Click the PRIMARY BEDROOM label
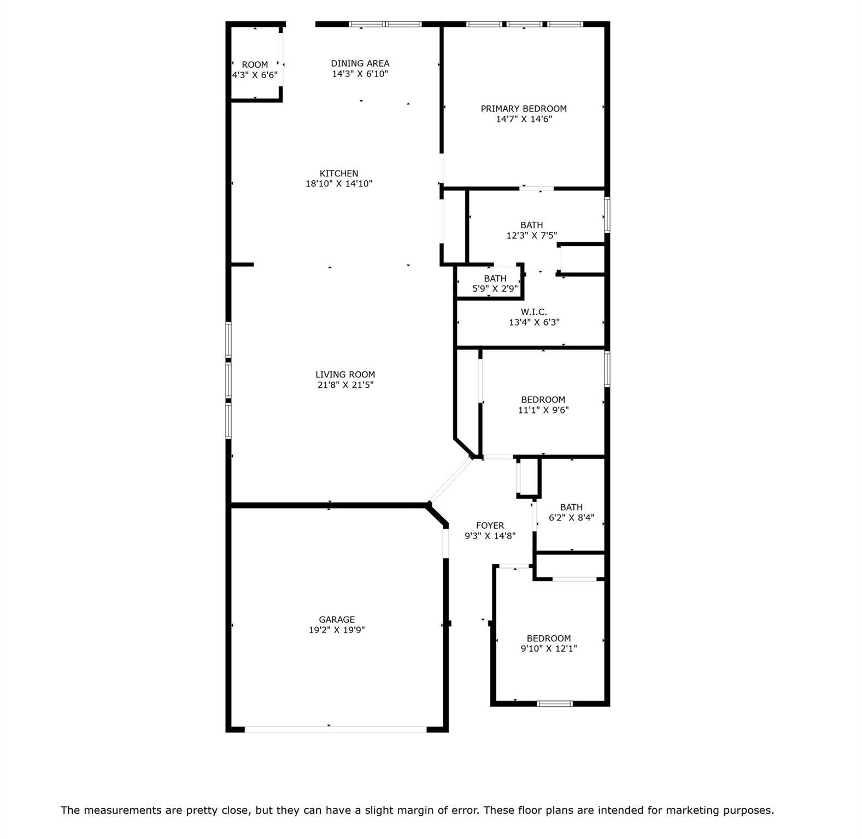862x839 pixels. point(523,109)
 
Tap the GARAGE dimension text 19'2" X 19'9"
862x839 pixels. point(337,630)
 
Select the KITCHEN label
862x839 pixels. point(339,174)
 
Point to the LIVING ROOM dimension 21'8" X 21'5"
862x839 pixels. point(345,385)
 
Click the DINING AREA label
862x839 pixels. point(360,63)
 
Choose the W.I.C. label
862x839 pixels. point(533,312)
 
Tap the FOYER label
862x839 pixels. point(490,525)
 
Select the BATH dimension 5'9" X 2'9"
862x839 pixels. point(495,288)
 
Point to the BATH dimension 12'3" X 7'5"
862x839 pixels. point(531,235)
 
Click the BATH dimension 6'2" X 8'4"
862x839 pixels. point(571,517)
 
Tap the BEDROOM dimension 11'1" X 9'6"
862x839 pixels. point(543,410)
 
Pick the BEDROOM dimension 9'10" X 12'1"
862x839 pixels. point(549,648)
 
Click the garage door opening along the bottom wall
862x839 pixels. point(335,729)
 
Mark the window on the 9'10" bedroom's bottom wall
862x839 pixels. point(555,704)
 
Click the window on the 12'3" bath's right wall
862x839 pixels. point(607,215)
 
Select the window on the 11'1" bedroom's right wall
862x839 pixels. point(607,369)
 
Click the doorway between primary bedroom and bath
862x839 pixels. point(536,188)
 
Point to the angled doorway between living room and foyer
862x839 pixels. point(450,480)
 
